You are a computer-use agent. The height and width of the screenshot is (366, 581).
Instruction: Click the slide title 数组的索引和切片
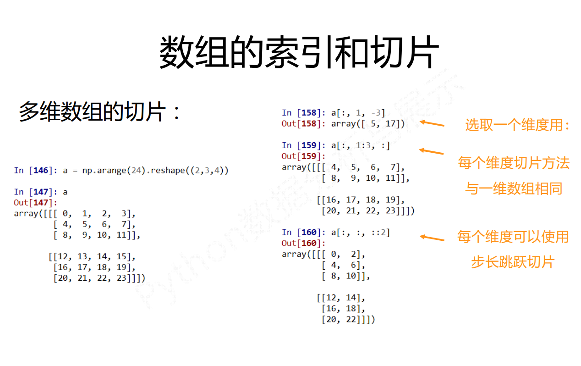click(299, 53)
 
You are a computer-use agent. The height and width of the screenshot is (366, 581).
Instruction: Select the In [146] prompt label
click(34, 171)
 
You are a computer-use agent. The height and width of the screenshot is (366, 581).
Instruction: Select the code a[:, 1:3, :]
click(360, 145)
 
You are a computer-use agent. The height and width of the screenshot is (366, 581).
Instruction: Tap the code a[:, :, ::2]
click(360, 233)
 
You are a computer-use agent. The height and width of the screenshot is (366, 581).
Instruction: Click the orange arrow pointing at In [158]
click(432, 123)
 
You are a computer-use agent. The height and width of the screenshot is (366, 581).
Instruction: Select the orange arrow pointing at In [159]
click(431, 151)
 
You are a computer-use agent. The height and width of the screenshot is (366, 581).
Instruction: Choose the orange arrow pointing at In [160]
click(432, 238)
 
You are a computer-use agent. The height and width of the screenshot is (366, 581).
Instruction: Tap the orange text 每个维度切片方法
click(514, 163)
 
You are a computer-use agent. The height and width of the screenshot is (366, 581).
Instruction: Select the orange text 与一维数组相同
click(514, 188)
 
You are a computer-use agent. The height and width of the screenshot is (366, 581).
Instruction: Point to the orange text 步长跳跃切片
click(513, 262)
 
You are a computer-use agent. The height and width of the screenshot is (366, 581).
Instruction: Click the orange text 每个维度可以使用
click(513, 237)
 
